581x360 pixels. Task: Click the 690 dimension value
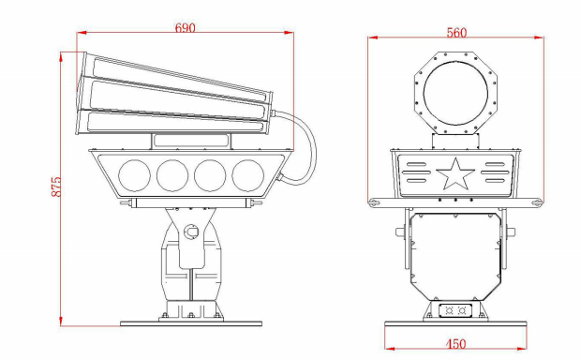(x=185, y=28)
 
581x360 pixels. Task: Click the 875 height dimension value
(x=56, y=187)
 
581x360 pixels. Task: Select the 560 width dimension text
(x=456, y=33)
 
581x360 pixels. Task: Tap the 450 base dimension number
(x=455, y=344)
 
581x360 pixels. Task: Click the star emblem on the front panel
(x=455, y=173)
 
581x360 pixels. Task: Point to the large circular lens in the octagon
(x=455, y=93)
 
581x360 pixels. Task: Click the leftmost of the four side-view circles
(x=135, y=175)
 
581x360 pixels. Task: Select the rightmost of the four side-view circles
(x=248, y=175)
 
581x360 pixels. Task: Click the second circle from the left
(x=172, y=175)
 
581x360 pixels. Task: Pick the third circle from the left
(x=210, y=175)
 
